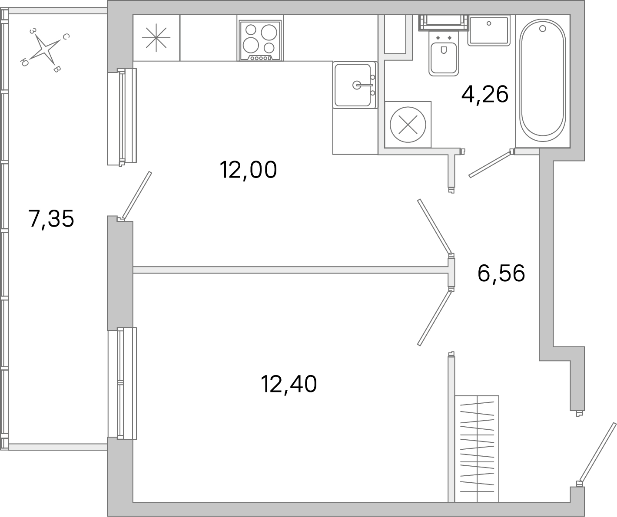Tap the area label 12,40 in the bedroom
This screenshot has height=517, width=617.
point(289,384)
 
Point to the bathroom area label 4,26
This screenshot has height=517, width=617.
point(485,94)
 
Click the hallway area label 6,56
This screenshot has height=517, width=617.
point(501,273)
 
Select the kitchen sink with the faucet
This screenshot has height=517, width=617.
point(354,85)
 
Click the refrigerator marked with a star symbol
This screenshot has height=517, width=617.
point(156,38)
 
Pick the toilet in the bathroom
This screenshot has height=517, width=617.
point(444,56)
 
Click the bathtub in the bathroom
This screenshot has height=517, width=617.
point(543,80)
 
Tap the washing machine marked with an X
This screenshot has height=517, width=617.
point(408,125)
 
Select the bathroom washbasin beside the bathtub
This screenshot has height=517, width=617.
point(489,30)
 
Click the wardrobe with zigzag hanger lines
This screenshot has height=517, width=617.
point(477,448)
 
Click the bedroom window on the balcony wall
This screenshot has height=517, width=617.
point(122,383)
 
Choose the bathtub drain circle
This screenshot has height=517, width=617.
point(542,29)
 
